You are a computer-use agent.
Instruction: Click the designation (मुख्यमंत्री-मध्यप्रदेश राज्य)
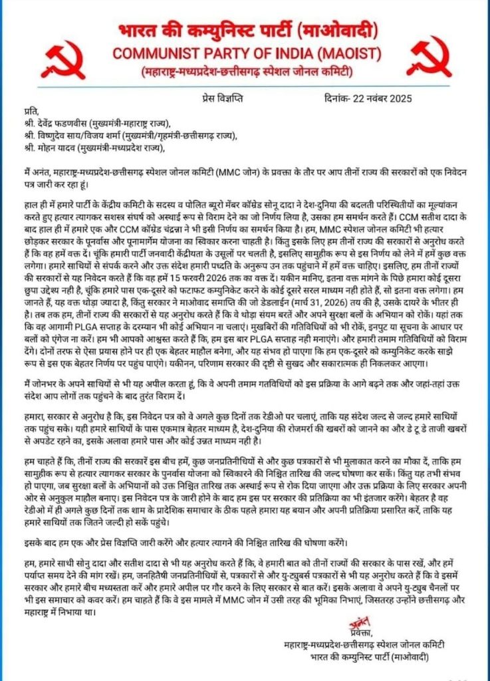pos(140,148)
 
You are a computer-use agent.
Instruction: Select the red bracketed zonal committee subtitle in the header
pos(244,70)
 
